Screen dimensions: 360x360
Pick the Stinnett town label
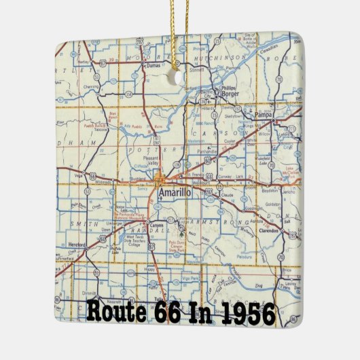tap(196, 68)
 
